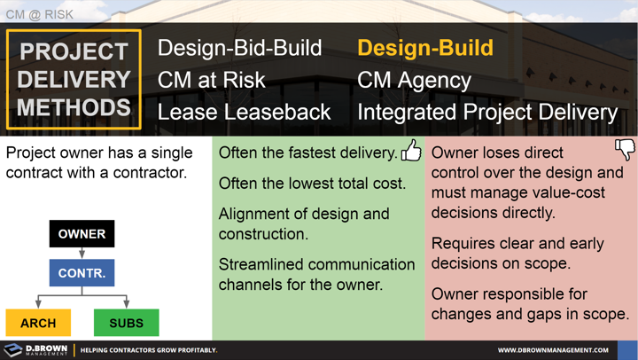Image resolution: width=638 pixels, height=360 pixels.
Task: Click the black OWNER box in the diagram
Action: point(82,234)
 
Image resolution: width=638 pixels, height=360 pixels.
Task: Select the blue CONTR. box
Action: point(82,273)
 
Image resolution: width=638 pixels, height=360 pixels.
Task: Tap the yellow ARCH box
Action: point(38,323)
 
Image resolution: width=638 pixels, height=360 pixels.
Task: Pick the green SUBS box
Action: point(126,323)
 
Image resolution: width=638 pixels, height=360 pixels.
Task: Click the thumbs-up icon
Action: point(411,151)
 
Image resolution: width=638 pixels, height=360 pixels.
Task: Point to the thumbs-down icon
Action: point(625,150)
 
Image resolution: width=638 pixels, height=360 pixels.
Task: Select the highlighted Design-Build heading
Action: point(425,48)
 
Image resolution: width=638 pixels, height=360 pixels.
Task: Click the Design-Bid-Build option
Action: point(239,48)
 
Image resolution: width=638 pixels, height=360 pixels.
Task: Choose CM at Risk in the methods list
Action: point(211,80)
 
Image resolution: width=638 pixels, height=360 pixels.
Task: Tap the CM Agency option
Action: point(414,80)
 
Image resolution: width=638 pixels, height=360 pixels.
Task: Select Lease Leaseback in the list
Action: point(244,112)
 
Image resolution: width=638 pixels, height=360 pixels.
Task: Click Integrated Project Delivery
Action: point(486,112)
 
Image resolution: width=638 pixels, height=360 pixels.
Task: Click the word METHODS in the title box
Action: point(74,107)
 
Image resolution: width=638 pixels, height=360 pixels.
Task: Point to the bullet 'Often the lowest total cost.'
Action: point(312,184)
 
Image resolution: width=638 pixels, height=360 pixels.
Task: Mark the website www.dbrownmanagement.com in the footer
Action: point(552,350)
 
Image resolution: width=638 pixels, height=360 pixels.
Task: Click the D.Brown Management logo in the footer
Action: point(35,350)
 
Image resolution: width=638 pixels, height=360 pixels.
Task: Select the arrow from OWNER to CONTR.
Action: point(82,253)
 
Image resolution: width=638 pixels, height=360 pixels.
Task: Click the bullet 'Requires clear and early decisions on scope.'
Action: point(517,253)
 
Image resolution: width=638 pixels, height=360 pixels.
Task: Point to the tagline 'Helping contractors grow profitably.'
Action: point(149,350)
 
